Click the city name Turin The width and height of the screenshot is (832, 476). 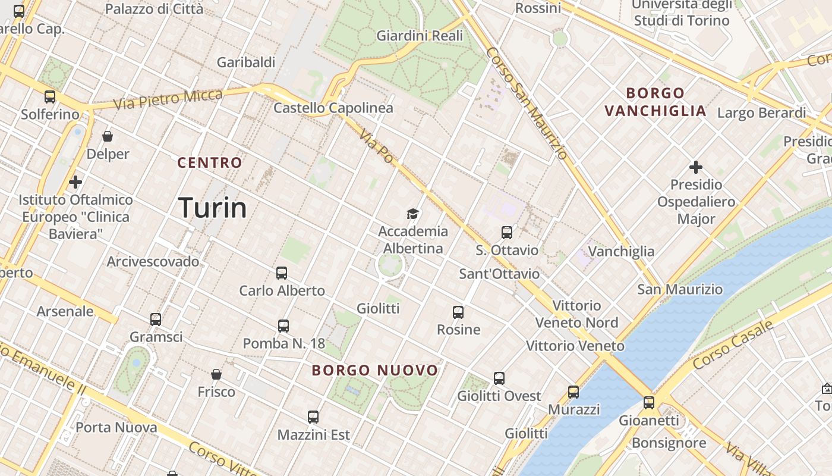click(x=212, y=208)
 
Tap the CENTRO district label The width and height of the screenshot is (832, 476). click(x=210, y=162)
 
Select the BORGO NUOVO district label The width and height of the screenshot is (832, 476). click(x=375, y=370)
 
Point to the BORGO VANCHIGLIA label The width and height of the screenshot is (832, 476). click(x=655, y=102)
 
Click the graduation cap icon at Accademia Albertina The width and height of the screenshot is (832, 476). click(x=412, y=214)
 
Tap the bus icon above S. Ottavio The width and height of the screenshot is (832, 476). click(x=507, y=233)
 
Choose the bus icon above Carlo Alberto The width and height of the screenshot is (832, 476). click(x=282, y=273)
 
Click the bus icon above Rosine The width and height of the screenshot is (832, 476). click(x=458, y=312)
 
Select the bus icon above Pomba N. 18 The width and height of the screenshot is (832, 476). click(x=283, y=326)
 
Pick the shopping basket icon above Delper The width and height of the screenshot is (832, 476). click(x=108, y=137)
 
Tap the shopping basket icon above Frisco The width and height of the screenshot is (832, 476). click(x=216, y=374)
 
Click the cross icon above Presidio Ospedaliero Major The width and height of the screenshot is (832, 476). click(x=696, y=167)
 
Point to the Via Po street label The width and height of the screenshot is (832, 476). click(x=376, y=147)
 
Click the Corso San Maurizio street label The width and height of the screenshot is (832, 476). click(x=526, y=104)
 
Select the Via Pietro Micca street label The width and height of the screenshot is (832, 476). click(x=168, y=99)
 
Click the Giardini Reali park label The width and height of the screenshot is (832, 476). click(x=420, y=36)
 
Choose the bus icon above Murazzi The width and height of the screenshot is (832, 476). click(x=573, y=392)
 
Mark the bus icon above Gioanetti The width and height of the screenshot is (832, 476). click(x=649, y=403)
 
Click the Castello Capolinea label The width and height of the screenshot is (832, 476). click(x=333, y=108)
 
